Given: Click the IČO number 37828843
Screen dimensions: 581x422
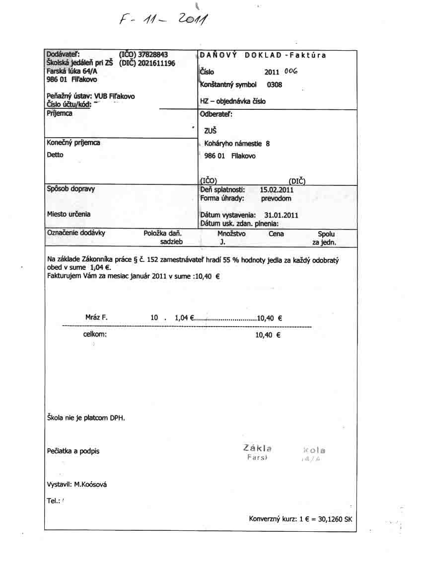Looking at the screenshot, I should click(153, 54).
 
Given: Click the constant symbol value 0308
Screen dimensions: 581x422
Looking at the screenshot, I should click(275, 84).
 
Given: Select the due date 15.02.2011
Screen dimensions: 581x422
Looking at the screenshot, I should click(277, 190).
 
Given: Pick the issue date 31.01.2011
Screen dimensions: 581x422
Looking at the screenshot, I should click(281, 215).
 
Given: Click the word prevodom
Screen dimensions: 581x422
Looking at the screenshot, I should click(276, 198).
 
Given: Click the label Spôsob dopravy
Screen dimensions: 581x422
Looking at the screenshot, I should click(71, 189).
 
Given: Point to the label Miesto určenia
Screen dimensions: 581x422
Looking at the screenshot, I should click(69, 214).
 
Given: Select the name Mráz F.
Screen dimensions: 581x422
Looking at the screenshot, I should click(96, 317).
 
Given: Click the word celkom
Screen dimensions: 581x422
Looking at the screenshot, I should click(95, 334).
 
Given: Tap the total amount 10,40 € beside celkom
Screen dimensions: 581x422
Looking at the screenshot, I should click(268, 335).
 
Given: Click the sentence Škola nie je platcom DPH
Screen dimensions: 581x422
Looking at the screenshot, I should click(85, 418).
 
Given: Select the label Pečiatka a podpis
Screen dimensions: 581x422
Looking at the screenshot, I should click(73, 451).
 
